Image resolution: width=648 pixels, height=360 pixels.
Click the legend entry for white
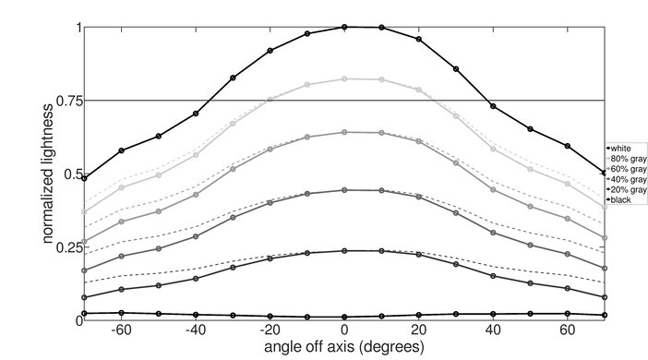click(x=622, y=148)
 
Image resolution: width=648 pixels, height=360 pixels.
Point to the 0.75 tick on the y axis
click(x=66, y=101)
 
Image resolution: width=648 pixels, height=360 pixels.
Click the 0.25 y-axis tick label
click(x=66, y=247)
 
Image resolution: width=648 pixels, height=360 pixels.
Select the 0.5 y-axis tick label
click(x=70, y=174)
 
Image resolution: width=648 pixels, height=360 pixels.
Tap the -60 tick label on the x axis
click(x=119, y=330)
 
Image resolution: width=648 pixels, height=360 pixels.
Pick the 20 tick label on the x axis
click(x=419, y=330)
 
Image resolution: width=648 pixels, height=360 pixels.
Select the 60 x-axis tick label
click(x=569, y=330)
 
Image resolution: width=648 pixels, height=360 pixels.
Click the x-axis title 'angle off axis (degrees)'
click(x=343, y=347)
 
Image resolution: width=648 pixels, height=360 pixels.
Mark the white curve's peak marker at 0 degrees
click(x=344, y=27)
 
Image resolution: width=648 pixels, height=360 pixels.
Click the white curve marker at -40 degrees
click(x=196, y=114)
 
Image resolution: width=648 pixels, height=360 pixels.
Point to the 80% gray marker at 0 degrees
click(x=344, y=79)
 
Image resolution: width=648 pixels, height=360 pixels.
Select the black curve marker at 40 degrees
click(x=494, y=315)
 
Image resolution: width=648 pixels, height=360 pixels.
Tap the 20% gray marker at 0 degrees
click(x=344, y=251)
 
